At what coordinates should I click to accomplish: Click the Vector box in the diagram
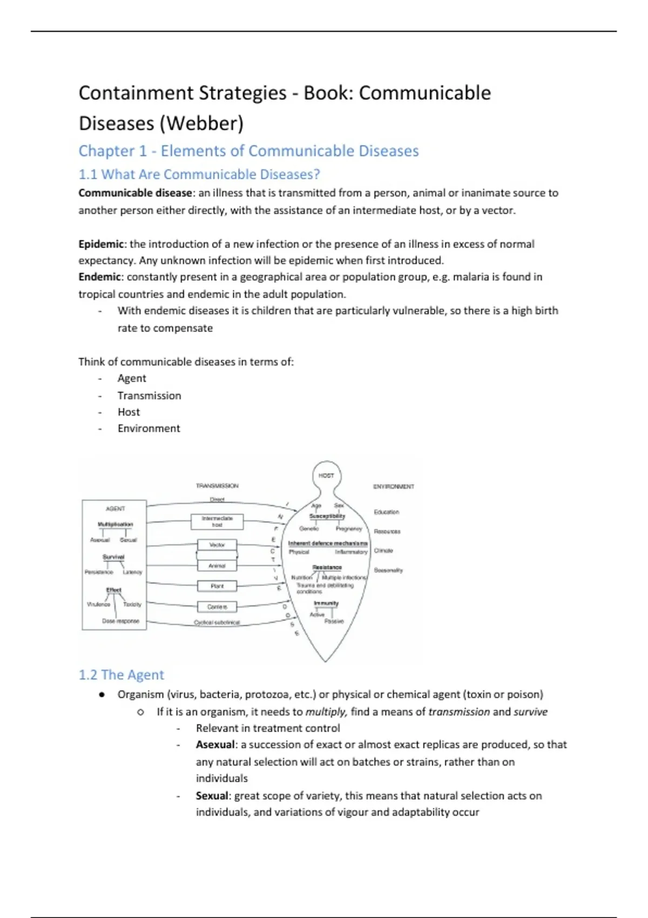(x=217, y=545)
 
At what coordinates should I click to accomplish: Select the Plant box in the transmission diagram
(x=217, y=586)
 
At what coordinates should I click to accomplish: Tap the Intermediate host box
(x=217, y=522)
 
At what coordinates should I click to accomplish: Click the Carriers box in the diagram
(x=217, y=607)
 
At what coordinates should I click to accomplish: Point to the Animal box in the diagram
(x=217, y=566)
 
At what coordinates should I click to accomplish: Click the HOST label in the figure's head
(x=326, y=476)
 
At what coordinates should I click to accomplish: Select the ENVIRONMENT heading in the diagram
(x=394, y=487)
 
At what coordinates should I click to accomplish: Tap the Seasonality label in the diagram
(x=388, y=570)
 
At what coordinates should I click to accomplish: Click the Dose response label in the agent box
(x=120, y=621)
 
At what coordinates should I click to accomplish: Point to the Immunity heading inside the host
(x=326, y=603)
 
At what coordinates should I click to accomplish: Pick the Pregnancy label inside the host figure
(x=349, y=529)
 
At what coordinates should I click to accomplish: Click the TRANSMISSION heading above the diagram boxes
(x=217, y=486)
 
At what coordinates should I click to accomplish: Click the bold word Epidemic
(x=101, y=244)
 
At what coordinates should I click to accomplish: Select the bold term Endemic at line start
(x=99, y=277)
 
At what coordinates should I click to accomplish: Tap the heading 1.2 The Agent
(x=122, y=675)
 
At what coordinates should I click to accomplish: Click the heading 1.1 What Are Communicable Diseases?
(x=199, y=174)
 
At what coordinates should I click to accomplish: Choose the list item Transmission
(x=150, y=396)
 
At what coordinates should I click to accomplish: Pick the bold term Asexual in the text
(x=215, y=745)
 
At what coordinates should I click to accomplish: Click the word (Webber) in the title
(x=201, y=123)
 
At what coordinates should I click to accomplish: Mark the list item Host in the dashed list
(x=129, y=412)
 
